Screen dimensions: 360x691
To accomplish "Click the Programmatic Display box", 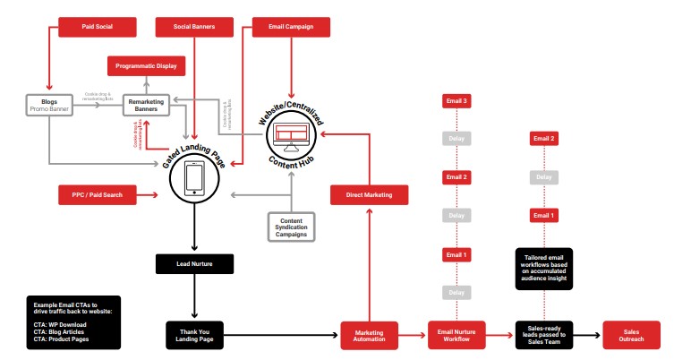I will click(145, 66).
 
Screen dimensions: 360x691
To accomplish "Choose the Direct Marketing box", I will click(369, 193).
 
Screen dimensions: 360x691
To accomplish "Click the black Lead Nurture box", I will click(195, 263).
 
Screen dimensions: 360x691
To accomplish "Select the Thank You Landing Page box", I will click(195, 334).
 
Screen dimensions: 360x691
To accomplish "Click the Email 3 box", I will click(456, 101).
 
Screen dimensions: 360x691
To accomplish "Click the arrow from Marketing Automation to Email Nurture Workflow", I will click(411, 335).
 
